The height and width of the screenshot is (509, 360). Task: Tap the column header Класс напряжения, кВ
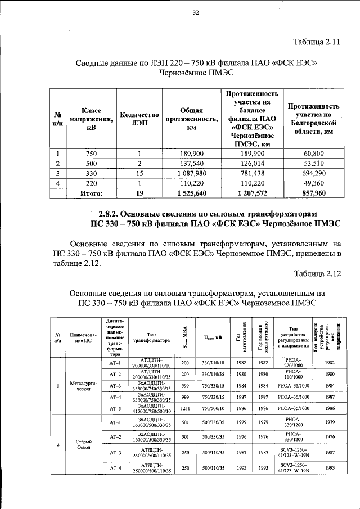tap(91, 119)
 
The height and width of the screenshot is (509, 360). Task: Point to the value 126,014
tap(252, 164)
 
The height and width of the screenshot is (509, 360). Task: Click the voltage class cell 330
tap(91, 174)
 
